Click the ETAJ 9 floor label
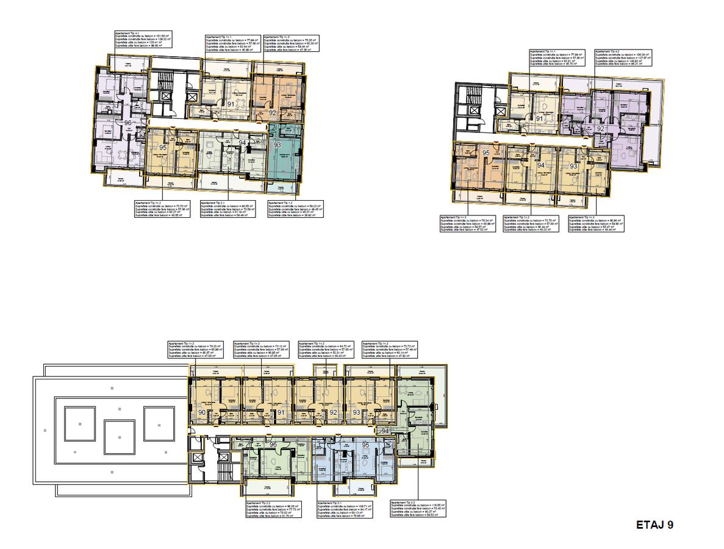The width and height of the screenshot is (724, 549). pos(654,524)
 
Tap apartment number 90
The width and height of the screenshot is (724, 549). pos(202,413)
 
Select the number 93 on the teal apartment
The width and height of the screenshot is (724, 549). pos(278,145)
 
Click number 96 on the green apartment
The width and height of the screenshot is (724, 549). pos(273,445)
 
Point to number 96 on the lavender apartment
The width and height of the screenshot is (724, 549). pos(128,123)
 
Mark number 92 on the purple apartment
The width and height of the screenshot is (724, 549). pos(601,129)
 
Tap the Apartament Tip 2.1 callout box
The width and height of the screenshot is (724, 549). pos(226,209)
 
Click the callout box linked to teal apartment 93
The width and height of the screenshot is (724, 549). pos(295,209)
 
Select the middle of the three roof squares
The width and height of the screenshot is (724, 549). pos(120,437)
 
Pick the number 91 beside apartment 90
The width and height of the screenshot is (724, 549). pos(281,413)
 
